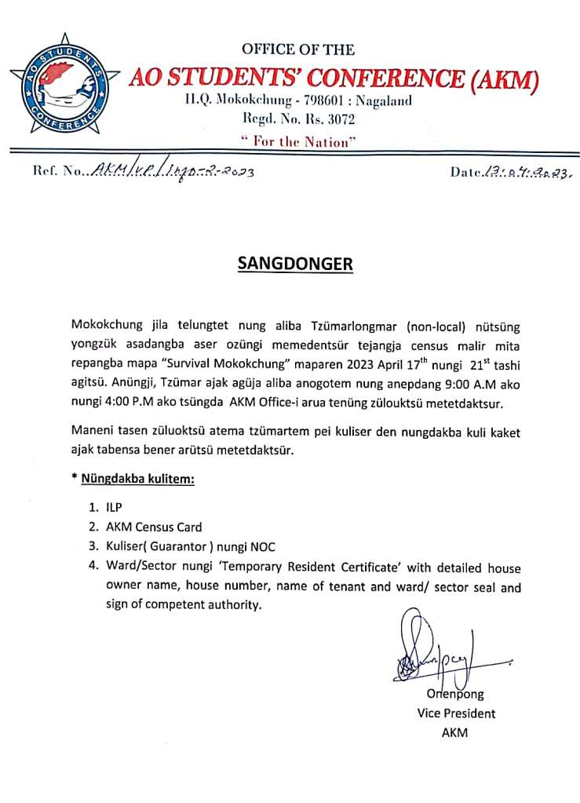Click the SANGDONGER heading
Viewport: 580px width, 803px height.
(x=295, y=264)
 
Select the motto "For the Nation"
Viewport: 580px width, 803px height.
(x=298, y=141)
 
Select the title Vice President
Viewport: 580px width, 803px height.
(x=456, y=714)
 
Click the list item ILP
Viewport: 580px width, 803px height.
(x=115, y=508)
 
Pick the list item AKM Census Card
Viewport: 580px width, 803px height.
(x=154, y=527)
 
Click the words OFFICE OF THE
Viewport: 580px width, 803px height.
(x=298, y=50)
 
